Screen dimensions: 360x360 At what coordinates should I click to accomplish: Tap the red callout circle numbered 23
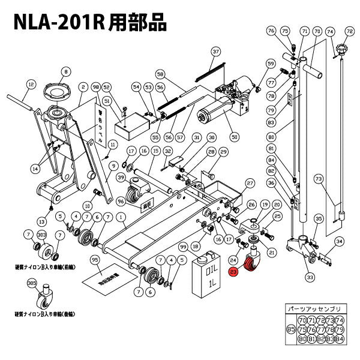[234, 272]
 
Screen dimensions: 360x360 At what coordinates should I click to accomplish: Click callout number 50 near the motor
[234, 136]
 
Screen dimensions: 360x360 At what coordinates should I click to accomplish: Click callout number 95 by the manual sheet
[94, 259]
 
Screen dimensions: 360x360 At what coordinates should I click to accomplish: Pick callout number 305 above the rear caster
[31, 283]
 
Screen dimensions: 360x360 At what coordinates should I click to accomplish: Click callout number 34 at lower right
[339, 242]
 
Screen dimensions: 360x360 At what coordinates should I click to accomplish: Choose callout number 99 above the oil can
[183, 247]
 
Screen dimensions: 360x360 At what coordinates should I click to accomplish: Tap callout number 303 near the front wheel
[41, 233]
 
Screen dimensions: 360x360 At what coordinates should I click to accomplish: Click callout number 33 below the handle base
[310, 277]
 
